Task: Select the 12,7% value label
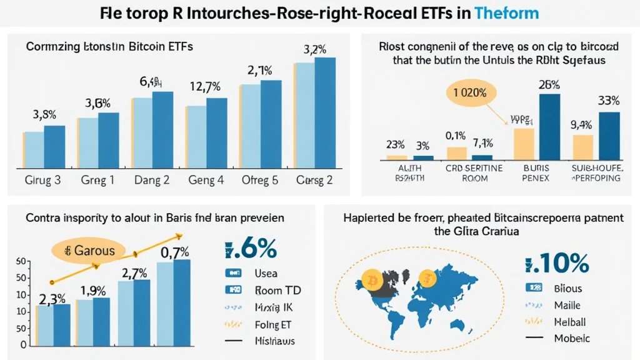[207, 87]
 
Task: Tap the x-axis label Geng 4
[207, 181]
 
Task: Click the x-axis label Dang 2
[152, 181]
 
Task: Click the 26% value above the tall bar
[549, 85]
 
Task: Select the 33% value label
[608, 100]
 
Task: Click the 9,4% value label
[581, 124]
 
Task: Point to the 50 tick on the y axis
[21, 261]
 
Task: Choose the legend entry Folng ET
[273, 324]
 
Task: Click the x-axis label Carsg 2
[316, 181]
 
